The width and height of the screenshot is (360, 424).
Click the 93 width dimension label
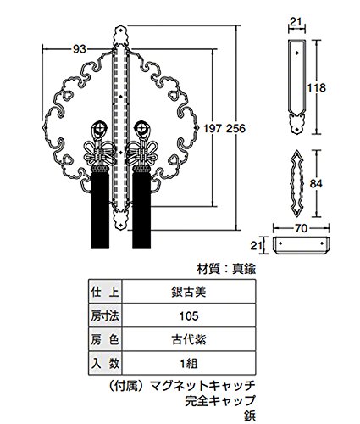(x=79, y=49)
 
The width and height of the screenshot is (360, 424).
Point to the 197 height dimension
(x=213, y=129)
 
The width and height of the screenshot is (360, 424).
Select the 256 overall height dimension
(x=236, y=129)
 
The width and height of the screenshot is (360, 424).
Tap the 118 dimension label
(x=316, y=87)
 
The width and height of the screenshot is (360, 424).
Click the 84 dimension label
(x=316, y=184)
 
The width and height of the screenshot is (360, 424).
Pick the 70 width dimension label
(x=301, y=228)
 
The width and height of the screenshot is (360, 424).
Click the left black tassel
(x=100, y=209)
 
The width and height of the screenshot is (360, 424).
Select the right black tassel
(x=141, y=209)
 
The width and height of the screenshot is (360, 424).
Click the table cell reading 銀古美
(x=189, y=292)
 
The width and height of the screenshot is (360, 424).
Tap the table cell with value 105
(x=189, y=315)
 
